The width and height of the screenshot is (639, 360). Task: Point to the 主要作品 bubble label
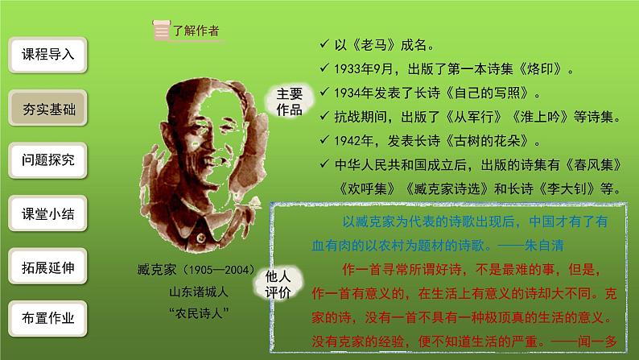click(x=287, y=103)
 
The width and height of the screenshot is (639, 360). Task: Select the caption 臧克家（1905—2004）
click(x=196, y=271)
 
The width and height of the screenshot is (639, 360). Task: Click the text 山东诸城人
click(x=196, y=291)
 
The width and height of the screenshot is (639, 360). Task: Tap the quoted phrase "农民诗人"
click(x=196, y=312)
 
